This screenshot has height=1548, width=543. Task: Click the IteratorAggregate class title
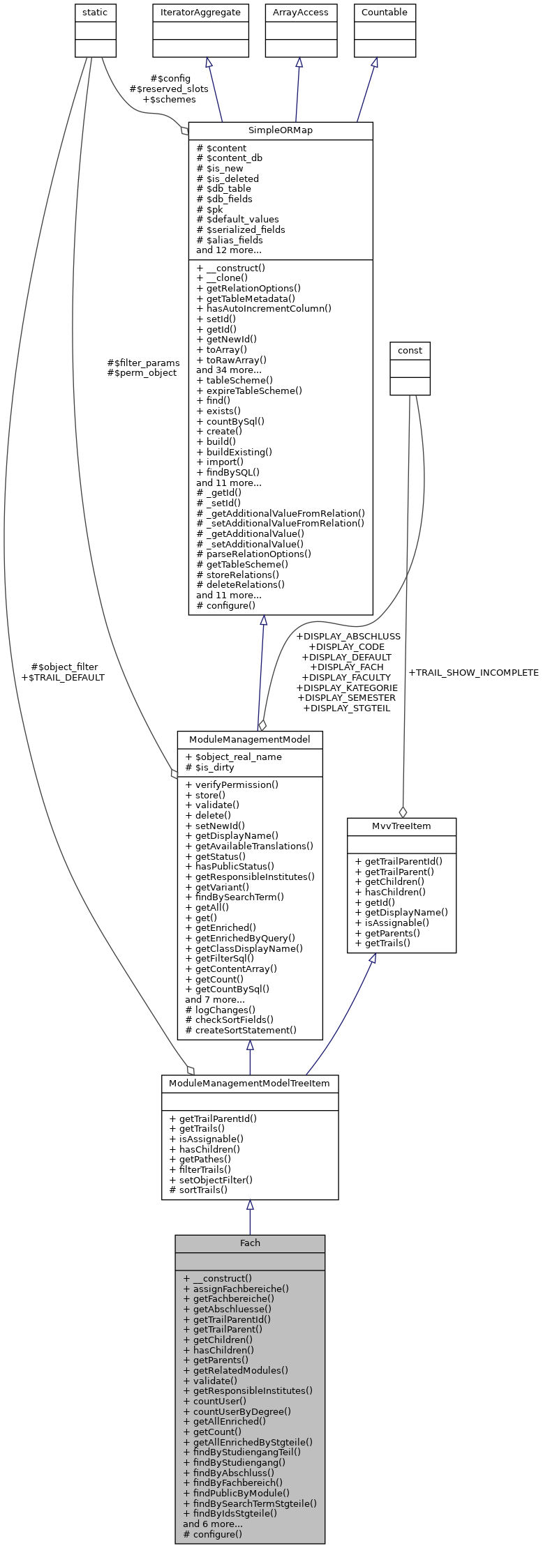pyautogui.click(x=201, y=12)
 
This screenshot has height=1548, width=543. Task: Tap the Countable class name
pyautogui.click(x=385, y=12)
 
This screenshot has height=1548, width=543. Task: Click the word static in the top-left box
pyautogui.click(x=96, y=12)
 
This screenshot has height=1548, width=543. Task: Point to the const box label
pyautogui.click(x=410, y=350)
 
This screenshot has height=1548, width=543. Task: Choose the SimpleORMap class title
pyautogui.click(x=281, y=130)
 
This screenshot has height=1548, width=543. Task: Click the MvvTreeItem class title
pyautogui.click(x=401, y=826)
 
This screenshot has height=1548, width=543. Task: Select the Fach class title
pyautogui.click(x=250, y=1243)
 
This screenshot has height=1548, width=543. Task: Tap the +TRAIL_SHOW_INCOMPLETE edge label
pyautogui.click(x=473, y=672)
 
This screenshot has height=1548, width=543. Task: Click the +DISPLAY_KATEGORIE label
pyautogui.click(x=347, y=688)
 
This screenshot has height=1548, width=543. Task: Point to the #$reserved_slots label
pyautogui.click(x=169, y=89)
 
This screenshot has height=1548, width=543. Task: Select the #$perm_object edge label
pyautogui.click(x=142, y=372)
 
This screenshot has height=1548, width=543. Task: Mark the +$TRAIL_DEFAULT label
pyautogui.click(x=63, y=677)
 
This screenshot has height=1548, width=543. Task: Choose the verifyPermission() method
pyautogui.click(x=232, y=784)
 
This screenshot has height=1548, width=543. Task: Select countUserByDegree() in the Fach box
pyautogui.click(x=237, y=1411)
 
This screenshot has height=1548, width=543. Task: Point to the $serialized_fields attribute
pyautogui.click(x=241, y=229)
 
